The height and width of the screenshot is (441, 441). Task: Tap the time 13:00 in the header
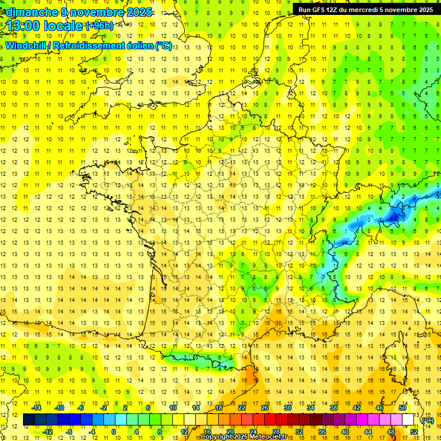click(x=26, y=26)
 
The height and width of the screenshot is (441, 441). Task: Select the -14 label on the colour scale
click(x=37, y=408)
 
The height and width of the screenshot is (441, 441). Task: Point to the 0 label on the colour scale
click(x=113, y=432)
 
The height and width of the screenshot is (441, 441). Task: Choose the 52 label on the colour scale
click(x=413, y=432)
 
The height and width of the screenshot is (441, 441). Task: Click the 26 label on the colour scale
click(x=265, y=408)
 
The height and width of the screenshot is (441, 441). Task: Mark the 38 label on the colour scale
click(x=333, y=408)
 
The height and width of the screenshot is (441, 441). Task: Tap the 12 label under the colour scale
click(x=184, y=432)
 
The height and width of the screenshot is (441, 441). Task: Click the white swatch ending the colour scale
click(x=408, y=420)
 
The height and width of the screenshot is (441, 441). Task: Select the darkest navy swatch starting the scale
click(x=29, y=420)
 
